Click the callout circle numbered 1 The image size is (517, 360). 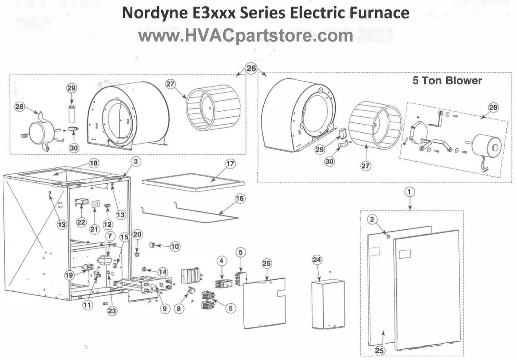(409, 190)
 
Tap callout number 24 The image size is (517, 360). (317, 260)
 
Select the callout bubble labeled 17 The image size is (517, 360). (230, 164)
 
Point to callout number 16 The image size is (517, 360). (240, 199)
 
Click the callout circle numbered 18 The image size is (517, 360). (93, 163)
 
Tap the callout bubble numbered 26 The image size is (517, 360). (251, 68)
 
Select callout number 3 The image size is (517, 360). (135, 162)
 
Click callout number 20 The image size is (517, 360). (137, 234)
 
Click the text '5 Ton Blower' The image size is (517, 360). (447, 81)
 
